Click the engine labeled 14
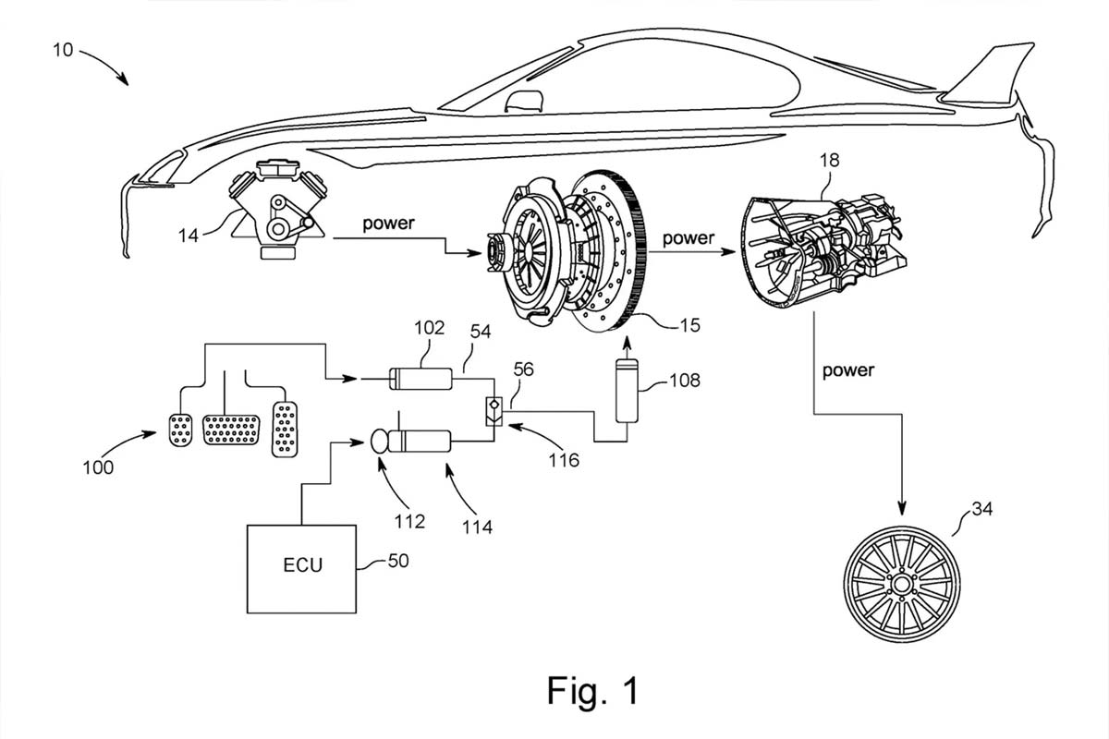click(x=274, y=210)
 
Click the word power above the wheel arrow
click(x=847, y=370)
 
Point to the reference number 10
click(x=62, y=50)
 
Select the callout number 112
click(x=408, y=521)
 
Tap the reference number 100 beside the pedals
click(x=97, y=467)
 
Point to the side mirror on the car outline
click(x=524, y=101)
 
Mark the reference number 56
click(x=523, y=369)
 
